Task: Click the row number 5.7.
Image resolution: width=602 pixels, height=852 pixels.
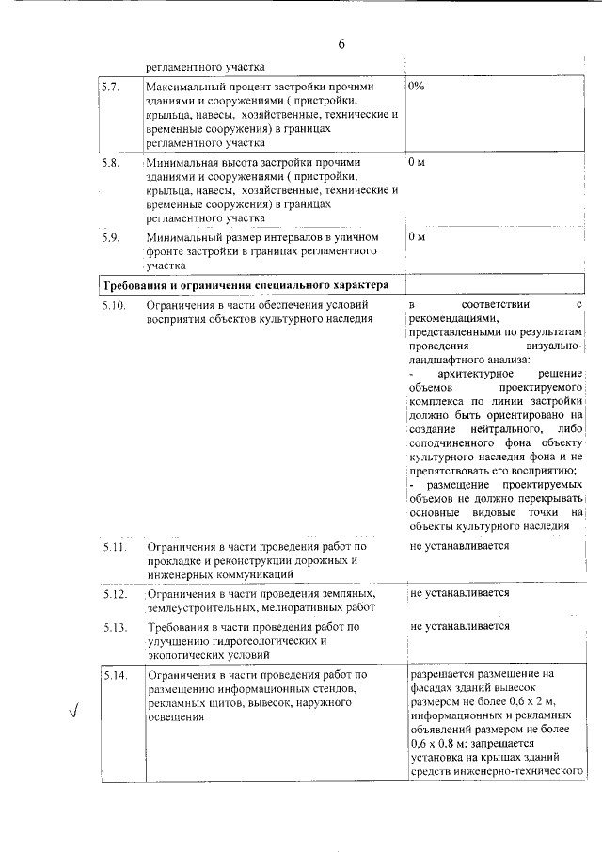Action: [110, 86]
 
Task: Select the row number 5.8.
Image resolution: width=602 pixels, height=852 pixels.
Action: [110, 162]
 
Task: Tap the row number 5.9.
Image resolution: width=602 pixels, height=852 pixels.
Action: [110, 237]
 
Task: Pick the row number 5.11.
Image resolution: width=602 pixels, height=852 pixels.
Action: [114, 546]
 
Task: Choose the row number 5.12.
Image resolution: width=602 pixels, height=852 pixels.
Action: [114, 594]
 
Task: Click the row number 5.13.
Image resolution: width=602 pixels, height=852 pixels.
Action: [114, 626]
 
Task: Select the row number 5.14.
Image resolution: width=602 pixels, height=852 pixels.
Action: [114, 675]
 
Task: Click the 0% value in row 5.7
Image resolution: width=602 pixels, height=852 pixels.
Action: [418, 86]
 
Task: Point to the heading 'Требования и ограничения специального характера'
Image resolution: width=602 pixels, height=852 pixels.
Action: [242, 284]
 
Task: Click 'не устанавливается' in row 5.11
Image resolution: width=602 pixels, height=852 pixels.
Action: [460, 545]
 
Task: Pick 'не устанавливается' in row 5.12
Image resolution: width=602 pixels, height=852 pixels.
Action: [460, 593]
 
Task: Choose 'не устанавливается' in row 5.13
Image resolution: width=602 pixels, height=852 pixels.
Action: [460, 625]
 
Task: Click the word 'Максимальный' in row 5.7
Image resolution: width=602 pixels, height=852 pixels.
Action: [187, 86]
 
